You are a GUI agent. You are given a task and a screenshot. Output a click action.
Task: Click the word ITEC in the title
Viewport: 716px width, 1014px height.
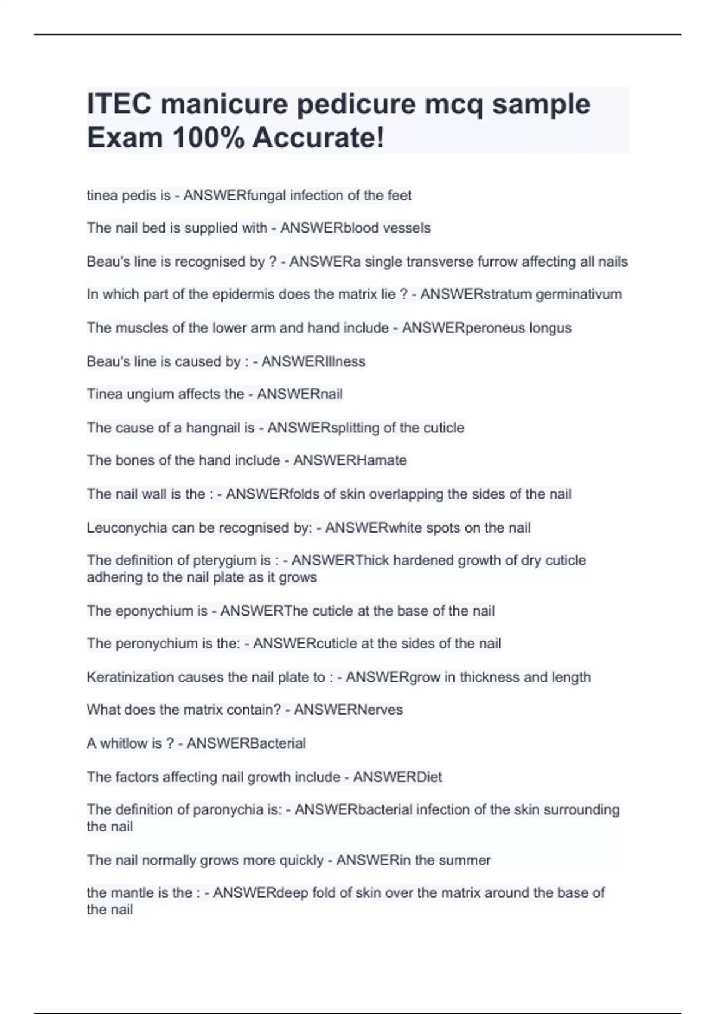coord(119,104)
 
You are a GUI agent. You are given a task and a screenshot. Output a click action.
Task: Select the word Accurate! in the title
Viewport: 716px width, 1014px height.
coord(319,138)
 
